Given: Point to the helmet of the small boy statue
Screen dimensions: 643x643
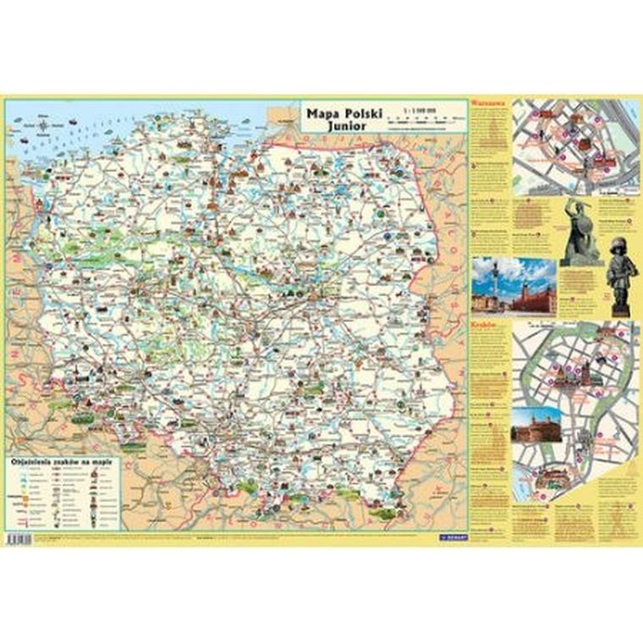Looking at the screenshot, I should coord(619,248).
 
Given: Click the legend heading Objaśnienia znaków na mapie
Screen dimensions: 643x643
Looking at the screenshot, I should coord(63,464).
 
